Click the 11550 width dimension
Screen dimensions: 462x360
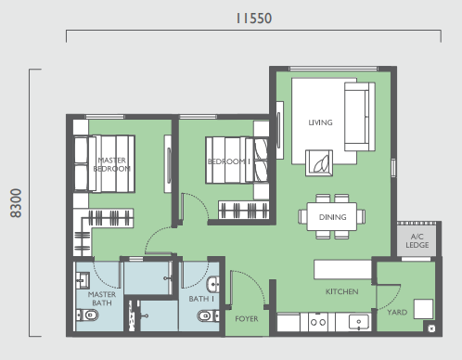point(254,19)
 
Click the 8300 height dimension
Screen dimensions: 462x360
point(16,203)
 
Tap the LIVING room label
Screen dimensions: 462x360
point(320,122)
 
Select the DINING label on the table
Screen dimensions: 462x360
point(332,217)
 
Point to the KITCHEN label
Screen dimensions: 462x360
point(341,291)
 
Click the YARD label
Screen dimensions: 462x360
point(397,313)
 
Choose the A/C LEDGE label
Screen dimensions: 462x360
point(417,241)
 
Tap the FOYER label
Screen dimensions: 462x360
point(247,319)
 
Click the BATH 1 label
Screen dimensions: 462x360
point(201,299)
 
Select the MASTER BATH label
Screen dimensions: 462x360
point(102,299)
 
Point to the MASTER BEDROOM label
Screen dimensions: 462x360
point(111,164)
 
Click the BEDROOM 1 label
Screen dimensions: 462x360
point(229,161)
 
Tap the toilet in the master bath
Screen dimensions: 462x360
point(87,315)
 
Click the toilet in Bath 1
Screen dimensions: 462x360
point(209,315)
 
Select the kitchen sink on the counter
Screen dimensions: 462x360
point(359,322)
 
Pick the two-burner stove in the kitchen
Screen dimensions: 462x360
point(318,322)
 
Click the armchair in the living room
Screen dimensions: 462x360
point(319,163)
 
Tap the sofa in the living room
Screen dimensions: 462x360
point(360,117)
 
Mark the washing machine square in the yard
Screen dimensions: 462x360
point(423,309)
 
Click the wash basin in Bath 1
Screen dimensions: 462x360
point(213,284)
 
